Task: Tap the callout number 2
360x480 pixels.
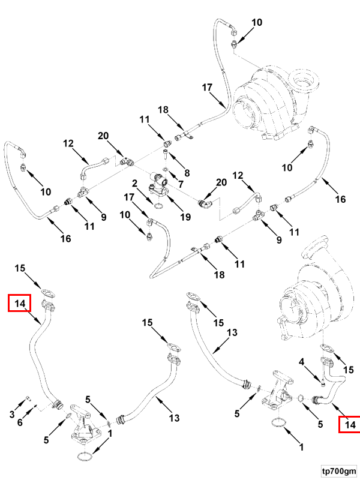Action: [136, 183]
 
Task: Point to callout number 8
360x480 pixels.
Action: [187, 173]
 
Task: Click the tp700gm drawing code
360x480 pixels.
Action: [338, 470]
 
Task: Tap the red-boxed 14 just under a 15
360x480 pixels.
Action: [19, 304]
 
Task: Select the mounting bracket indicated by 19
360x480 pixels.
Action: [162, 191]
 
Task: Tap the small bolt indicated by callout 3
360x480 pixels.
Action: [29, 398]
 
